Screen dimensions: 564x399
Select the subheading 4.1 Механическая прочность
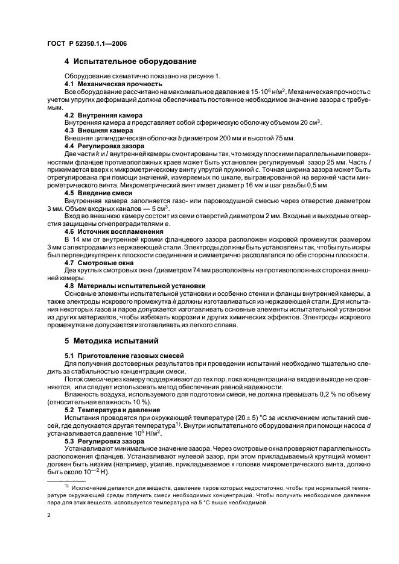(107, 83)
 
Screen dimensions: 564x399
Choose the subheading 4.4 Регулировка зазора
(104, 146)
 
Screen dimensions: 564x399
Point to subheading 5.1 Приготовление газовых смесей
(120, 357)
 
